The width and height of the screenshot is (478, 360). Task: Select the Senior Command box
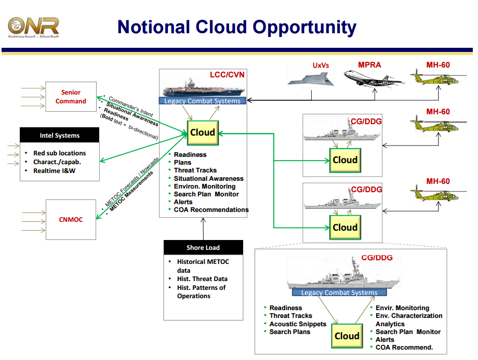click(71, 97)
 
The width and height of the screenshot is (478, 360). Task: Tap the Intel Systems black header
click(60, 136)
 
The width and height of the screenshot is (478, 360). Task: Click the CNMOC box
click(71, 219)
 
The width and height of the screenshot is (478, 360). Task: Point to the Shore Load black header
click(203, 248)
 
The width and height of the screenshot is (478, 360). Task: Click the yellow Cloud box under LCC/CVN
click(203, 132)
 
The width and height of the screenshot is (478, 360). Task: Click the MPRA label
click(369, 65)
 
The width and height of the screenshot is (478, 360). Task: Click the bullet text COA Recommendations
click(211, 210)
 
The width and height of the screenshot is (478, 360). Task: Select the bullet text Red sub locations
click(59, 153)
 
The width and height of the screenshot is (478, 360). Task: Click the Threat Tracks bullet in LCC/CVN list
click(195, 170)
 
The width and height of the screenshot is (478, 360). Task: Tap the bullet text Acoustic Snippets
click(298, 324)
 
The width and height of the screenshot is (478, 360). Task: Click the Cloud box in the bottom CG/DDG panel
click(347, 336)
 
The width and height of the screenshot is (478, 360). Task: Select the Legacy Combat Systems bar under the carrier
click(203, 101)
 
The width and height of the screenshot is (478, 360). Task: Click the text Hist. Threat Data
click(202, 279)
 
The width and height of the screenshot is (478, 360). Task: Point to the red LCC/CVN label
click(227, 75)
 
